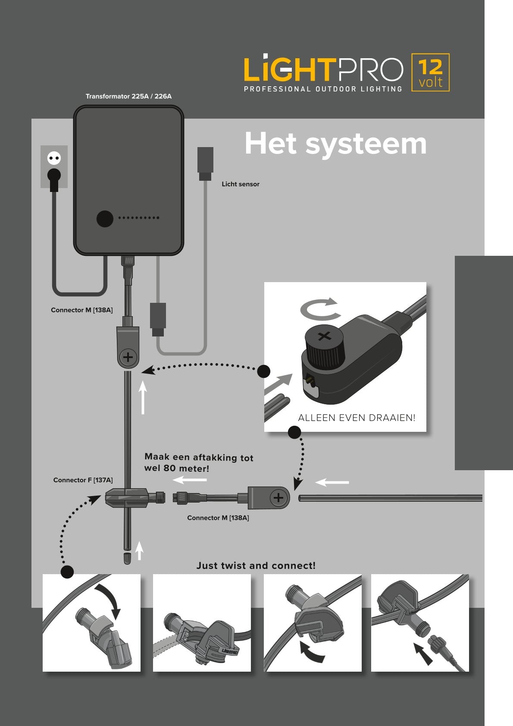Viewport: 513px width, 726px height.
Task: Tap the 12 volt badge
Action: [x=430, y=72]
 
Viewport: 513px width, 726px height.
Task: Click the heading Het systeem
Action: [x=335, y=144]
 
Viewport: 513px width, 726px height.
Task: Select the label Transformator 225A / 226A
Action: [x=128, y=96]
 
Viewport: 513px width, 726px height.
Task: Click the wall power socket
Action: [x=54, y=167]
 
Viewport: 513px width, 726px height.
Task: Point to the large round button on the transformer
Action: [x=105, y=219]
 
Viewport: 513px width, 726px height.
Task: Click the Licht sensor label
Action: [x=241, y=184]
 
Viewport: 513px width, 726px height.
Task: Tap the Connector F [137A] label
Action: [x=83, y=480]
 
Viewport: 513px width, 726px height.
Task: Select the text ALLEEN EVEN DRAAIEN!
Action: [x=357, y=418]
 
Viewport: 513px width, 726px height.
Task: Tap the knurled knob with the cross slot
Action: [x=324, y=345]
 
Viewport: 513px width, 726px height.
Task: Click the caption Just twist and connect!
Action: [x=256, y=566]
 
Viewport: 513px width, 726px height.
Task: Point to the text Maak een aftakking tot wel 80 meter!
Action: [x=198, y=463]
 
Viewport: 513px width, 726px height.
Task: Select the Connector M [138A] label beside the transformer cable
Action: [x=81, y=310]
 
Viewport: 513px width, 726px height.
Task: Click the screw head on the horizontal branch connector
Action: [x=279, y=498]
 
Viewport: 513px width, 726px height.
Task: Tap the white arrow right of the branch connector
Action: [x=332, y=482]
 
